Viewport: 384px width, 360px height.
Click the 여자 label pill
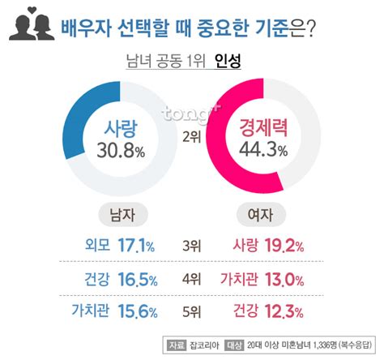pos(260,214)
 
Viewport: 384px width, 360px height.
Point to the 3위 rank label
pos(193,245)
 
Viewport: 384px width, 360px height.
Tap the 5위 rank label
pos(193,309)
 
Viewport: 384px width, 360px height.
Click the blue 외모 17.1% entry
pos(118,244)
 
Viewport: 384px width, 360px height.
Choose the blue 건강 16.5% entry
pos(118,280)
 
